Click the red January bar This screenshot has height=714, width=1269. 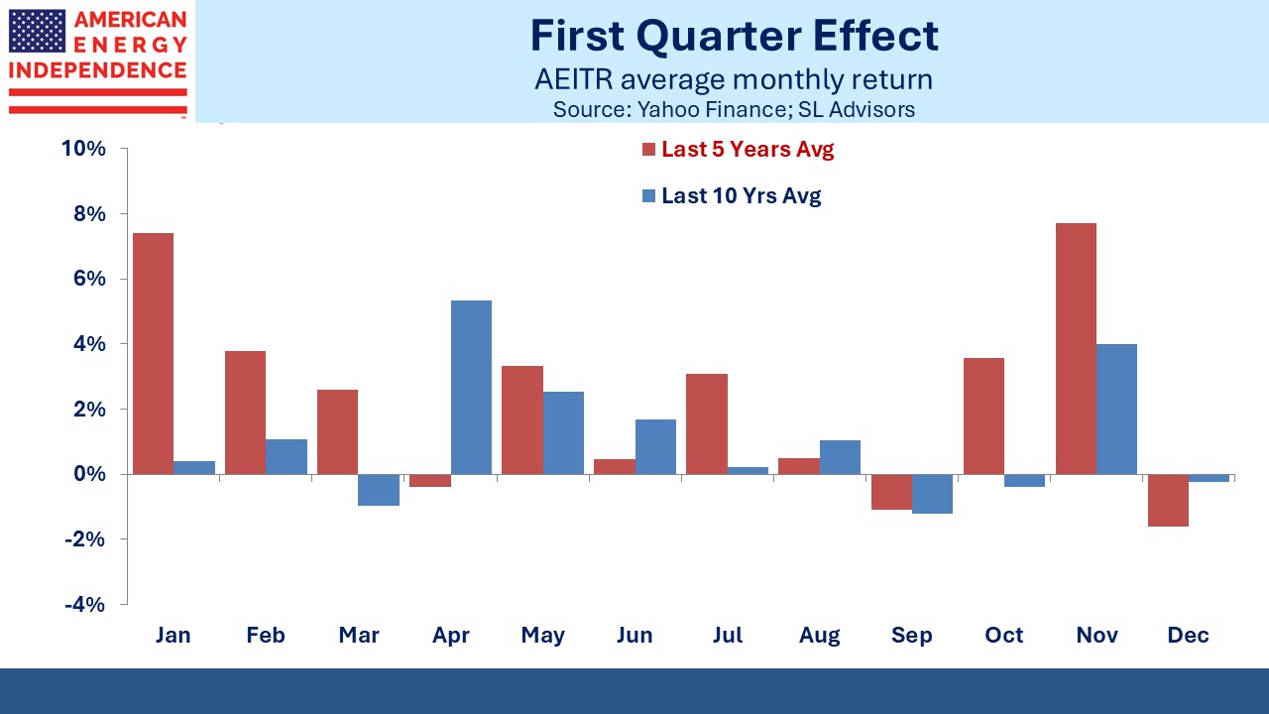(x=153, y=354)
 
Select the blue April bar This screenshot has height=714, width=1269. (x=471, y=388)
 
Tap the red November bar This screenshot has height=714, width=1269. (x=1076, y=348)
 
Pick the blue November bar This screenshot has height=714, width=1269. (x=1116, y=410)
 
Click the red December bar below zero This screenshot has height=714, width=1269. (x=1168, y=501)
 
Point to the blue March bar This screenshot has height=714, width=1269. (x=379, y=490)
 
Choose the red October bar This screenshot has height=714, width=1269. (x=983, y=416)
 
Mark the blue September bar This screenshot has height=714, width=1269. (x=932, y=494)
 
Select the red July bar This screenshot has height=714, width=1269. (x=707, y=423)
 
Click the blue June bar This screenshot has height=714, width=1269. (x=655, y=446)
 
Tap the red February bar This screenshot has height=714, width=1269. (x=245, y=413)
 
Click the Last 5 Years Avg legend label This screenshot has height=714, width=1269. (x=748, y=149)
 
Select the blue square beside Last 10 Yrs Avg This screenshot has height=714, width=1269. (x=648, y=195)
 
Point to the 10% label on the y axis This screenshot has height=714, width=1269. (x=83, y=149)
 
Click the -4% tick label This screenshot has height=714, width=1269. (x=85, y=605)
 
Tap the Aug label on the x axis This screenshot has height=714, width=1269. (x=819, y=636)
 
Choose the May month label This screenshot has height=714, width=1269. (x=542, y=636)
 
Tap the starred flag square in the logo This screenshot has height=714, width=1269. (x=38, y=31)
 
